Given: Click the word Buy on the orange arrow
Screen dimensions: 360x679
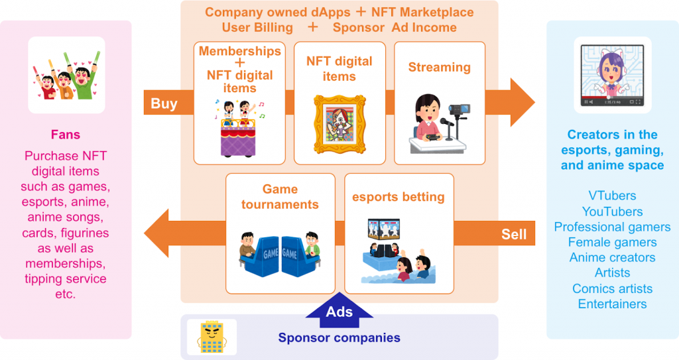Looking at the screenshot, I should coord(164,103).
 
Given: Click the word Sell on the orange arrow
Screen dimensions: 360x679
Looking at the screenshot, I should coord(514,233).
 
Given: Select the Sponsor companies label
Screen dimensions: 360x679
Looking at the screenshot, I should coord(339,337).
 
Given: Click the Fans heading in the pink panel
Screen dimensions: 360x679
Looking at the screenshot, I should coord(66,135).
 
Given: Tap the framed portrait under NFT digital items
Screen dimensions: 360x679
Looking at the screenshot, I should coord(339,122).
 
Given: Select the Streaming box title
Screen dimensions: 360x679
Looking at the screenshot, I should coord(439,67).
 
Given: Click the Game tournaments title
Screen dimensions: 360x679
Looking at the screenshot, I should coord(280,197).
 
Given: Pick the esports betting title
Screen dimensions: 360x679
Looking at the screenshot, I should coord(399,197).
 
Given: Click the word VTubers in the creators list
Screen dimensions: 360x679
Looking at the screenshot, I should coord(612,196).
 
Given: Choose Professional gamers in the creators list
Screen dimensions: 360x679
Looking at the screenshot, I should coord(612,227).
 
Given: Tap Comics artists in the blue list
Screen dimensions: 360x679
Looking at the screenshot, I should coord(612,288).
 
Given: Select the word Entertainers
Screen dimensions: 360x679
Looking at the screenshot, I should coord(612,304).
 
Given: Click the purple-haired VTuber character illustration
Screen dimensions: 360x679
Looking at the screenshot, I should coord(611,73).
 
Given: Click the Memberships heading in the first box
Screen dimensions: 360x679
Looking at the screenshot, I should coord(240,51).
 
